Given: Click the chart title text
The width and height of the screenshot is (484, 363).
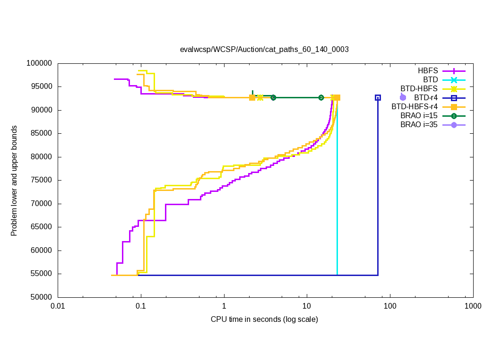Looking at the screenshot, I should pyautogui.click(x=264, y=49).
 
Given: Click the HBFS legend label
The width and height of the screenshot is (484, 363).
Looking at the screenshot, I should pyautogui.click(x=428, y=70).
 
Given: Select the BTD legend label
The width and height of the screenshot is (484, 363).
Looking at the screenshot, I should pyautogui.click(x=431, y=79).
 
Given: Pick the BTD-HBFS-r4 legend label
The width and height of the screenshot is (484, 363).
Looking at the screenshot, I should pyautogui.click(x=415, y=107).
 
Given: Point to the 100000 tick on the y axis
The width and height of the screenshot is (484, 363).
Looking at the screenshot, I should pyautogui.click(x=40, y=63).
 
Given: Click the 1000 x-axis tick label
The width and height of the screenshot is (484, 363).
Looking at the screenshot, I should pyautogui.click(x=473, y=306).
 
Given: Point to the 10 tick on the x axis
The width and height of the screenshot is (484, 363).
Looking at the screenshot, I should pyautogui.click(x=307, y=306).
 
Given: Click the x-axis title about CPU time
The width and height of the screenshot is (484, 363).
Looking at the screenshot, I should pyautogui.click(x=264, y=320).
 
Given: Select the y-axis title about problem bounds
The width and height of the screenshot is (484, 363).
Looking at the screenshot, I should pyautogui.click(x=15, y=181).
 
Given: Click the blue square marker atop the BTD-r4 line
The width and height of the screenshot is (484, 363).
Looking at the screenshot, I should pyautogui.click(x=378, y=97).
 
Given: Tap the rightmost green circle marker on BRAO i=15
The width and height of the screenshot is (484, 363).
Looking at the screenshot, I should pyautogui.click(x=321, y=97).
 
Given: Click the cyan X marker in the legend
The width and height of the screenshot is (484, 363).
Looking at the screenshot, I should pyautogui.click(x=454, y=79).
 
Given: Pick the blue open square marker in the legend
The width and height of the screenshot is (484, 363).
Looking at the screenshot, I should pyautogui.click(x=454, y=98).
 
